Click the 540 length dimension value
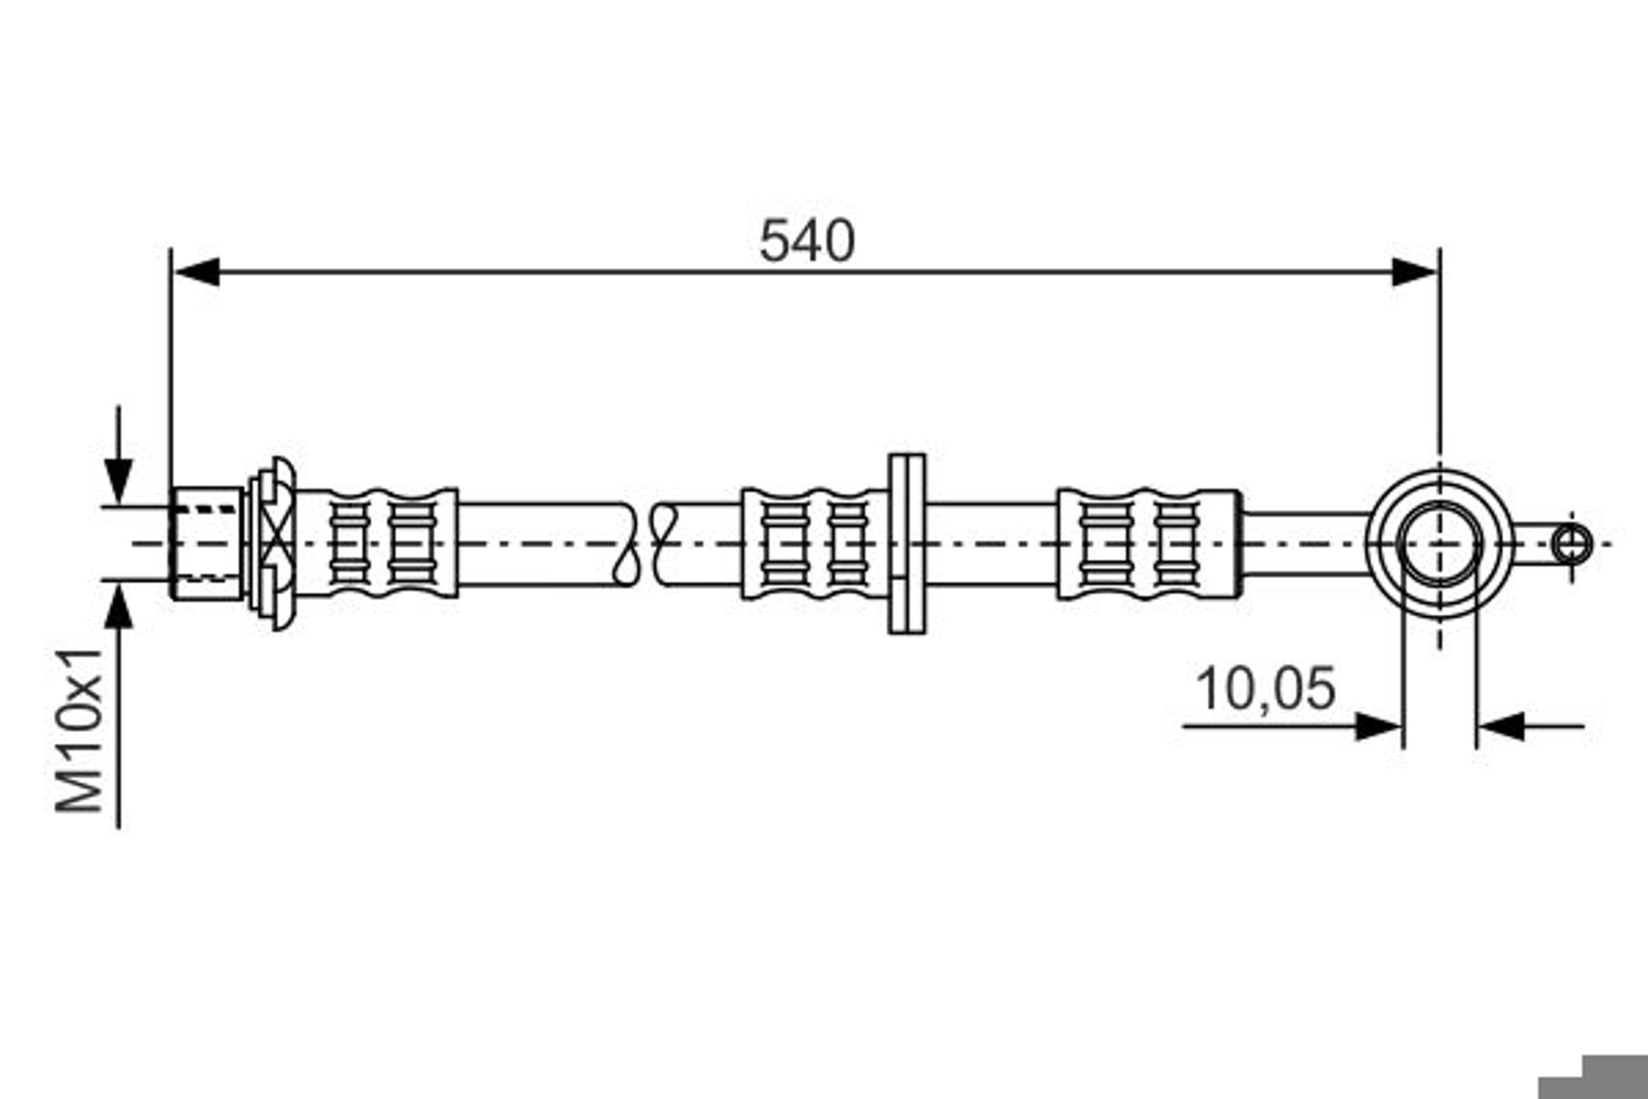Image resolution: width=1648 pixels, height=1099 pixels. tap(808, 240)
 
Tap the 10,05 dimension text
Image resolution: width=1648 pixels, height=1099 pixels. tap(1266, 689)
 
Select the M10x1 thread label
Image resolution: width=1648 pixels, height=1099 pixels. tap(79, 731)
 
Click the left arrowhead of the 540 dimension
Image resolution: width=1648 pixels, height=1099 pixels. tap(197, 272)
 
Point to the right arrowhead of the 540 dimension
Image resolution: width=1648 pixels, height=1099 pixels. tap(1414, 272)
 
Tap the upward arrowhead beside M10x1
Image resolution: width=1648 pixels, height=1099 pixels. tap(118, 607)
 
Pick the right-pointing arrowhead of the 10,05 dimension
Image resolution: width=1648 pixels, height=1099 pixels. tap(1378, 727)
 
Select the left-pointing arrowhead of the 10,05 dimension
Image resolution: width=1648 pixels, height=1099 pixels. tap(1501, 727)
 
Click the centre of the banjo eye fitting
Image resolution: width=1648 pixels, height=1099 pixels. tap(1440, 544)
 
